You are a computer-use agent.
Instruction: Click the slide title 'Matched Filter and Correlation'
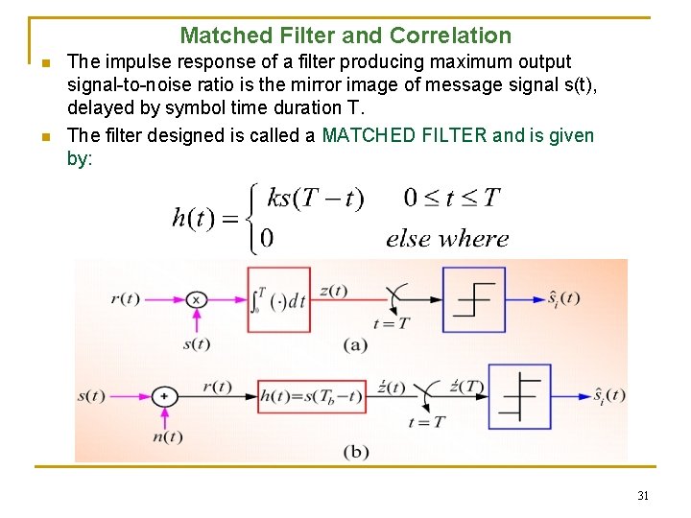(x=345, y=36)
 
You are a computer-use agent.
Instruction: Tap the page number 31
(x=643, y=496)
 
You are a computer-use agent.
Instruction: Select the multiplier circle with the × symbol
(x=196, y=299)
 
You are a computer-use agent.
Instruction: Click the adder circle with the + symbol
(x=164, y=395)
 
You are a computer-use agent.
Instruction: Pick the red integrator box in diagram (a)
(x=278, y=299)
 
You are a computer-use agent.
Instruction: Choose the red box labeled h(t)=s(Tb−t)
(x=312, y=395)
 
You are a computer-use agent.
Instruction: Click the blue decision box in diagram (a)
(x=473, y=299)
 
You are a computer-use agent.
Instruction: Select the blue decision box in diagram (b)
(x=519, y=395)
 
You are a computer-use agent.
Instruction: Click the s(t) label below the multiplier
(x=196, y=343)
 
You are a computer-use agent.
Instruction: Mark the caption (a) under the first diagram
(x=354, y=344)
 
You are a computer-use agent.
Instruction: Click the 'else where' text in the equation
(x=447, y=239)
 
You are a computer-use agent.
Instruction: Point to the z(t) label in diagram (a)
(x=333, y=291)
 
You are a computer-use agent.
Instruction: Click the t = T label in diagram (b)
(x=426, y=421)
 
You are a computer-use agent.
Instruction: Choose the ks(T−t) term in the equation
(x=315, y=199)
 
